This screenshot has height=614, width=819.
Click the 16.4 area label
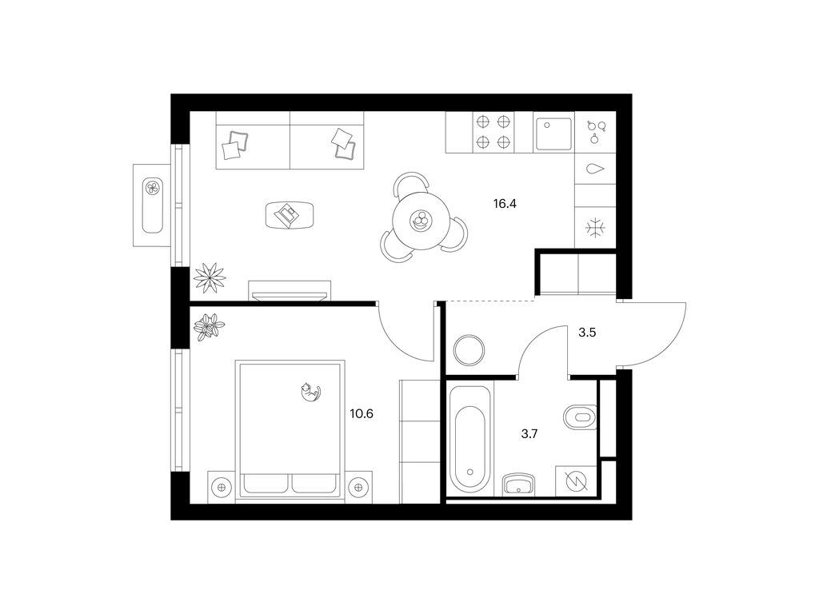505,204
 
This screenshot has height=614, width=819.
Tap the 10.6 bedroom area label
362,414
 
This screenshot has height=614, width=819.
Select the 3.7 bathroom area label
529,433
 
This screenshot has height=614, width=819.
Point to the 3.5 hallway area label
587,332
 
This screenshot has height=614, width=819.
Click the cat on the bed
310,392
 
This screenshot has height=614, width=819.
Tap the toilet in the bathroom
580,417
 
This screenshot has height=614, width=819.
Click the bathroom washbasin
518,484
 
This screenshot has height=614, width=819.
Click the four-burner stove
493,132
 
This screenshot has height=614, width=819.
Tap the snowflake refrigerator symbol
595,228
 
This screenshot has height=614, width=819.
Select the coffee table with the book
290,214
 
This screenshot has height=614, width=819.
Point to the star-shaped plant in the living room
210,277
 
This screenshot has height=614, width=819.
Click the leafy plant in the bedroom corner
209,327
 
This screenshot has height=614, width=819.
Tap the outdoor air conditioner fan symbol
153,187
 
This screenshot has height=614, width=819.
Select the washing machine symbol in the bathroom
576,480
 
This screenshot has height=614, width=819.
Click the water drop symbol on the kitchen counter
595,169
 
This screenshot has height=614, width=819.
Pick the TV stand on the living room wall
290,291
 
